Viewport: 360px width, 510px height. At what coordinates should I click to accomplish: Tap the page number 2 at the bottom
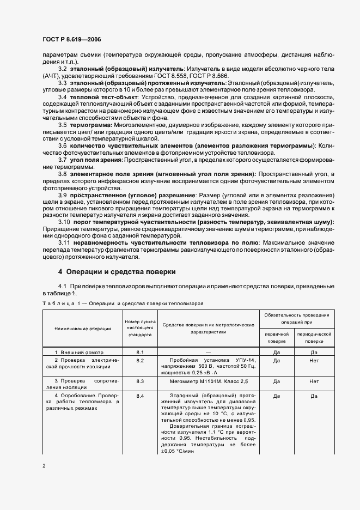[x=44, y=466]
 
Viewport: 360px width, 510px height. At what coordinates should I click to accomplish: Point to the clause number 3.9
[x=63, y=195]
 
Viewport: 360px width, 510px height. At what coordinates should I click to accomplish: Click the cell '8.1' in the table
[x=140, y=353]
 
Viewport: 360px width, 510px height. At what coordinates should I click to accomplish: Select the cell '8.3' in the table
[x=140, y=381]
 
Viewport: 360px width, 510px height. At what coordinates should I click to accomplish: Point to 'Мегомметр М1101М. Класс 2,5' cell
[x=209, y=381]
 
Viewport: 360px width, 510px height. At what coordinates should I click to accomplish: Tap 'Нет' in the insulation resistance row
[x=314, y=381]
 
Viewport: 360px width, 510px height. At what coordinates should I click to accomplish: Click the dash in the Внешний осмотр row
[x=209, y=353]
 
